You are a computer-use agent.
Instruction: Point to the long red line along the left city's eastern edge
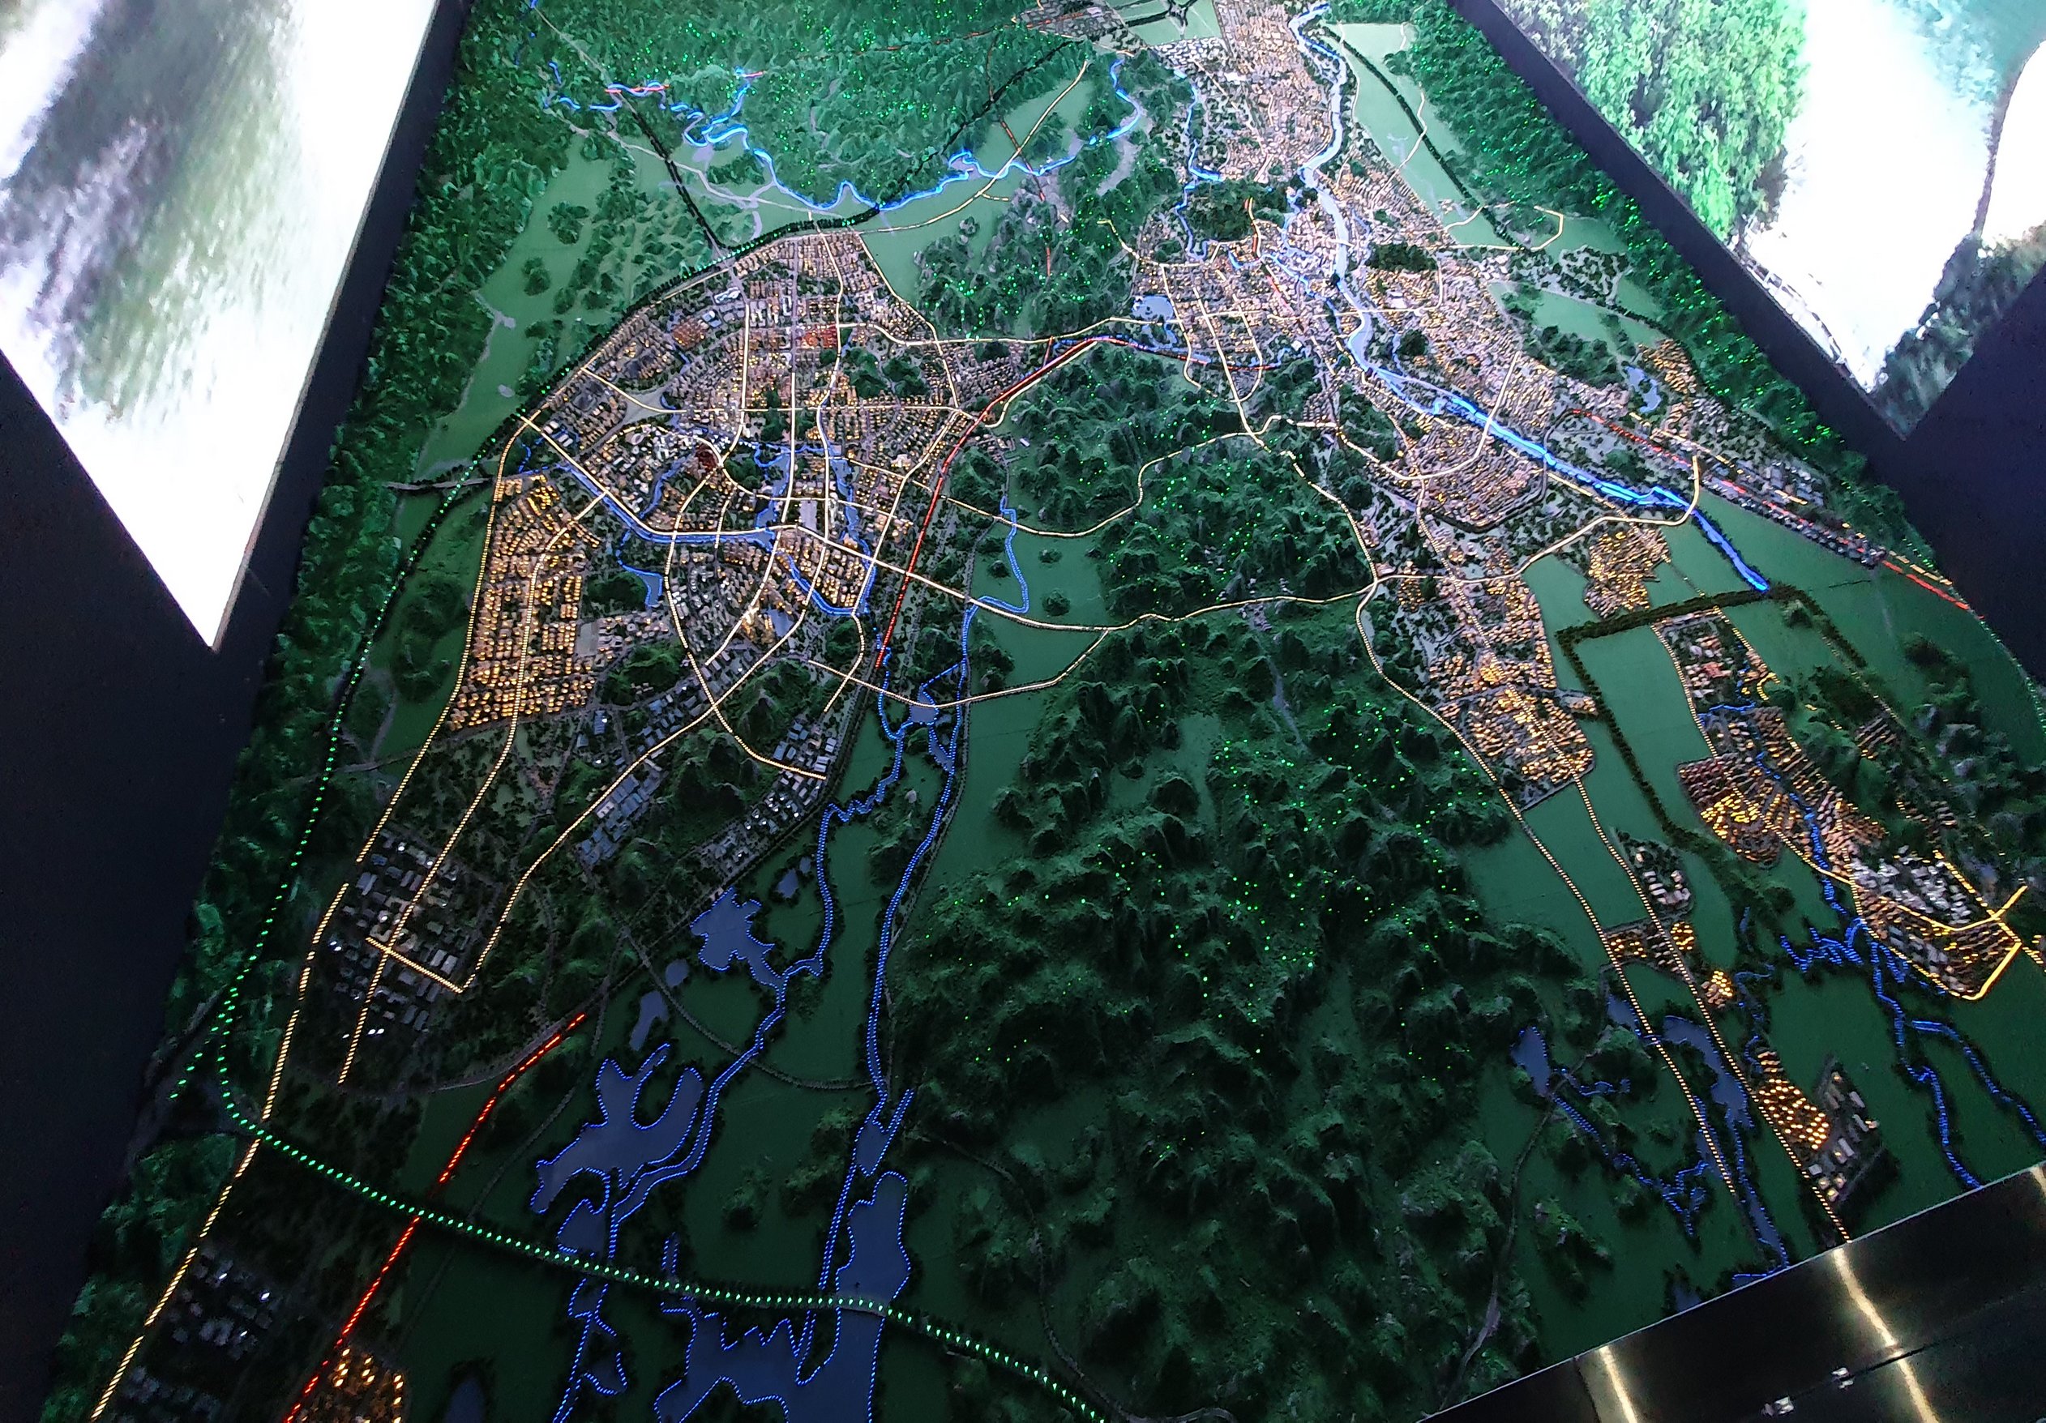[x=918, y=535]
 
